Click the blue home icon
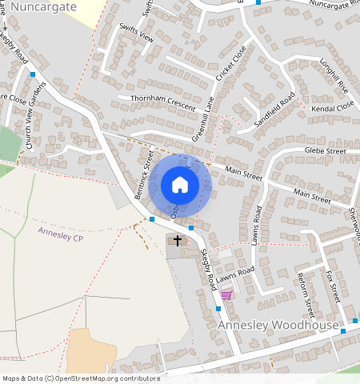180,185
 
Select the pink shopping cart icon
226,294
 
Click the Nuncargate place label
44,6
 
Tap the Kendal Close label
334,106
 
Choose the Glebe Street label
325,150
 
